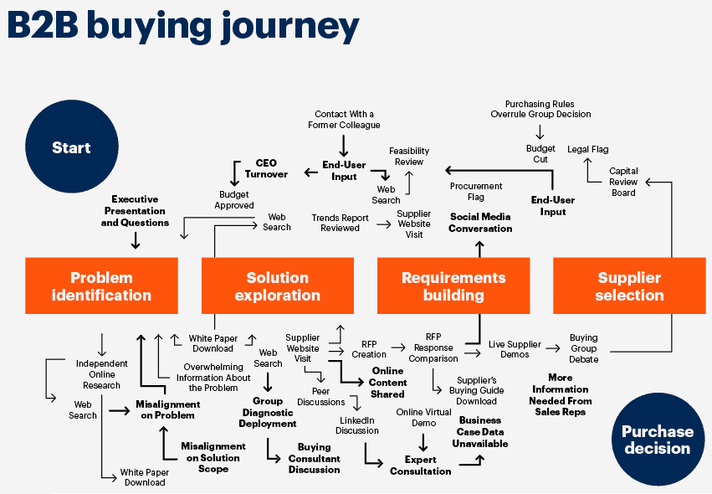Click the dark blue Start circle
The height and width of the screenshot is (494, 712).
tap(71, 147)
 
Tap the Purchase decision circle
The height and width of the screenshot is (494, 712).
tap(657, 439)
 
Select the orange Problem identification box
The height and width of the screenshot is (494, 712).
tap(101, 286)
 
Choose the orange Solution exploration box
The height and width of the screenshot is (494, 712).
tap(277, 286)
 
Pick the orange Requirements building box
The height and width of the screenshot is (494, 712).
tap(453, 286)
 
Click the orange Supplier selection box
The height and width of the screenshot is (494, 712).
tap(629, 286)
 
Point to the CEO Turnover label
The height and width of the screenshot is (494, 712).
tap(266, 168)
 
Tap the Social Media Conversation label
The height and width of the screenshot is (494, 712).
tap(480, 222)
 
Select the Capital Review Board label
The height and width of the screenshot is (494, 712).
tap(623, 182)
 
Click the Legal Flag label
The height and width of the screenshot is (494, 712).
tap(588, 149)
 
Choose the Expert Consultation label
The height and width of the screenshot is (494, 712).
tap(420, 466)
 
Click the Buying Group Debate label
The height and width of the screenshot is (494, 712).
tap(583, 348)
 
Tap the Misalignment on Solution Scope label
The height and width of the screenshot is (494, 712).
tap(213, 458)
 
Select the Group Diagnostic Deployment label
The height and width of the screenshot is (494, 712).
tap(268, 412)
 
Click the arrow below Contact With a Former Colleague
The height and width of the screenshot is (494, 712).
tap(343, 143)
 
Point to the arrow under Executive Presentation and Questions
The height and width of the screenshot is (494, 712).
tap(135, 239)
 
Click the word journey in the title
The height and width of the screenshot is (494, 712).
tap(288, 27)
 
